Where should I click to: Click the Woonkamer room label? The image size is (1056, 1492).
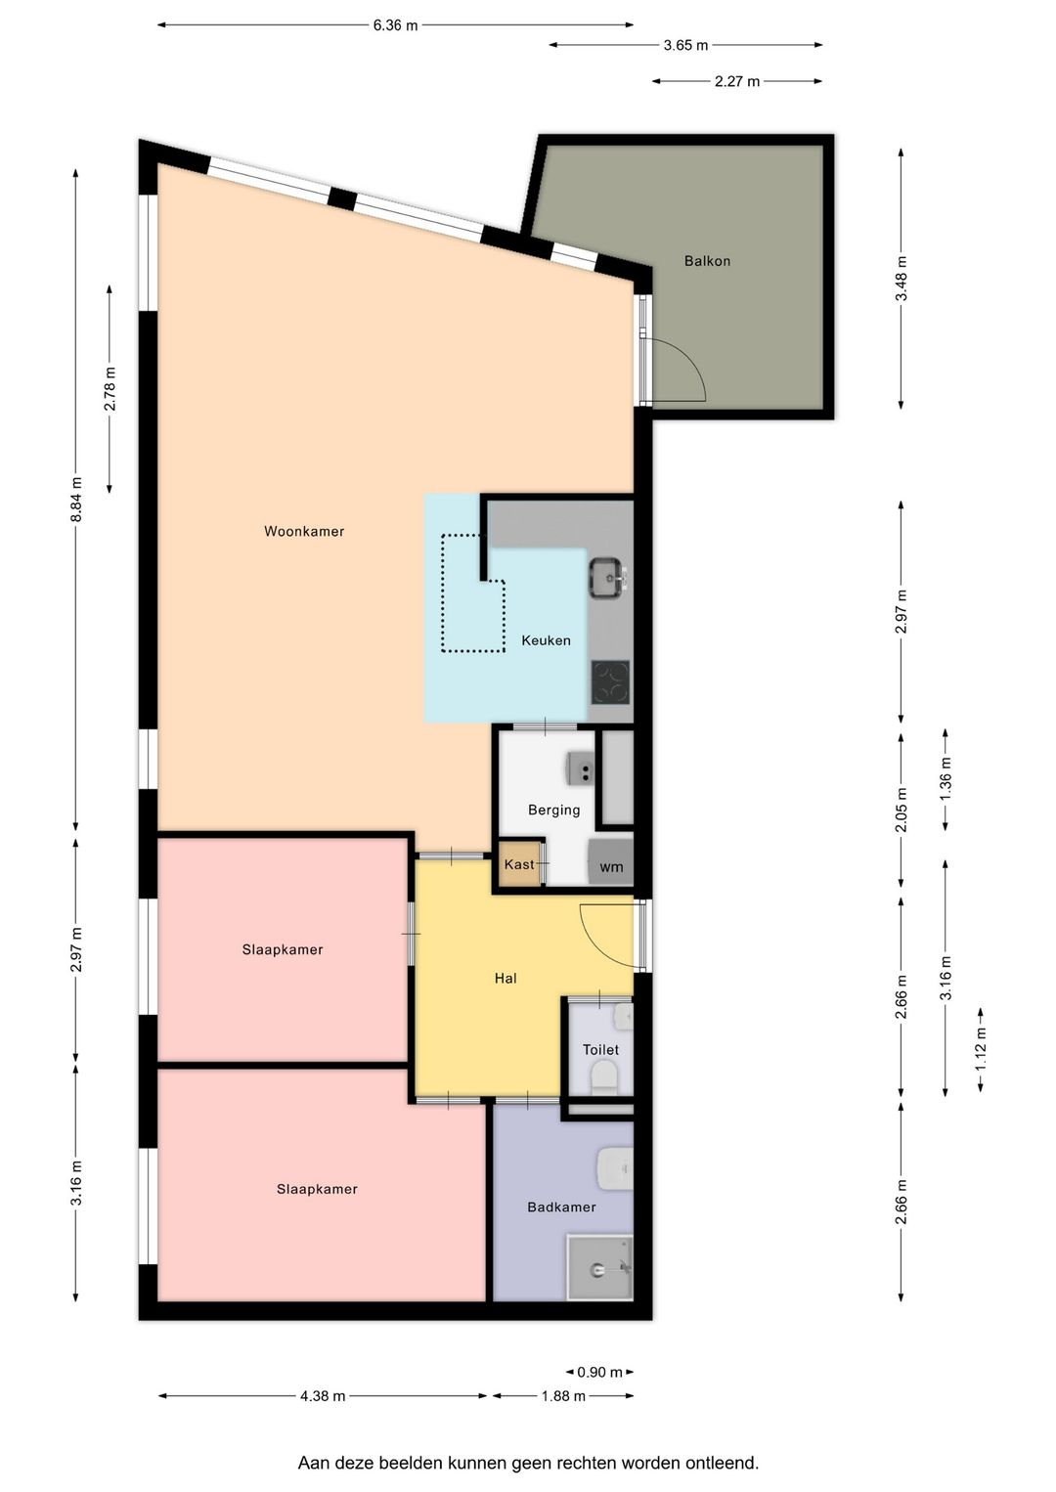pyautogui.click(x=304, y=532)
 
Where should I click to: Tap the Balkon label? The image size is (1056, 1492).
pyautogui.click(x=707, y=261)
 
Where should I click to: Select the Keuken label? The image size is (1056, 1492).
pyautogui.click(x=546, y=640)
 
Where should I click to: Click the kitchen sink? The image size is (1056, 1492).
pyautogui.click(x=607, y=578)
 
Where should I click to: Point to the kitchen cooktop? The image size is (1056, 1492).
pyautogui.click(x=610, y=682)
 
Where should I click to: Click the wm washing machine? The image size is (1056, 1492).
pyautogui.click(x=610, y=862)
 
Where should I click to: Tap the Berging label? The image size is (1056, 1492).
pyautogui.click(x=553, y=810)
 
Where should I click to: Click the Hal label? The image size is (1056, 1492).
pyautogui.click(x=506, y=979)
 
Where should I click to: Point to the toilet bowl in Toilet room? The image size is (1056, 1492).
pyautogui.click(x=604, y=1077)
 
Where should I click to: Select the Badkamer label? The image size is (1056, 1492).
pyautogui.click(x=561, y=1207)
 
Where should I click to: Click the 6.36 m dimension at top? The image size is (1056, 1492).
pyautogui.click(x=396, y=26)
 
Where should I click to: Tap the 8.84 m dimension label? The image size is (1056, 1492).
pyautogui.click(x=76, y=500)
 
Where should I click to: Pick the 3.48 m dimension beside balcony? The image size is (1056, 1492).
pyautogui.click(x=901, y=279)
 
